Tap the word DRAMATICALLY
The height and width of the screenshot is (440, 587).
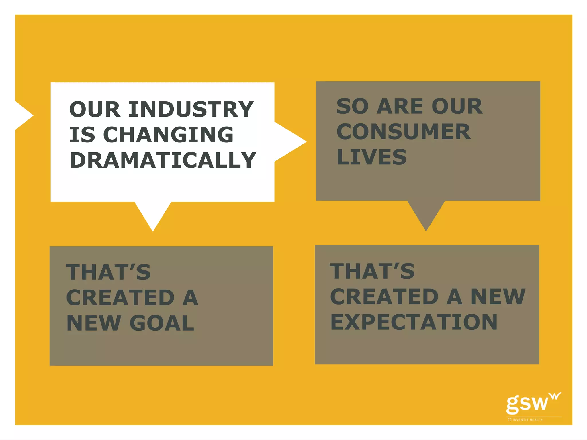(163, 160)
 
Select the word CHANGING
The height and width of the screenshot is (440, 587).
(168, 135)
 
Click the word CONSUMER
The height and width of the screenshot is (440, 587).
(403, 132)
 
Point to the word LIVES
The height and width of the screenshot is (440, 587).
(371, 157)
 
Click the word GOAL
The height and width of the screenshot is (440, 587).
(162, 323)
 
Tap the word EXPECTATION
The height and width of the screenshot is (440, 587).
(414, 322)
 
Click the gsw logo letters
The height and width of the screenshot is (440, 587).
(527, 404)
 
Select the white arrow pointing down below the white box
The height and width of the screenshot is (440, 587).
(153, 215)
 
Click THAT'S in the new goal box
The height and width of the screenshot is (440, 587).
(108, 272)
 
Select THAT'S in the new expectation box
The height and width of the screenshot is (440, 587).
(372, 271)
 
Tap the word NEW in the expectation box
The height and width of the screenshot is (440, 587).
(498, 297)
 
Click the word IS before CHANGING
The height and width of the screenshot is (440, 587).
(82, 135)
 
